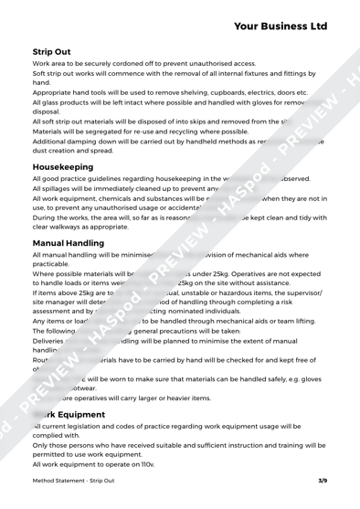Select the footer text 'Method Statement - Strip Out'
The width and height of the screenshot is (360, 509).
point(77,489)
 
